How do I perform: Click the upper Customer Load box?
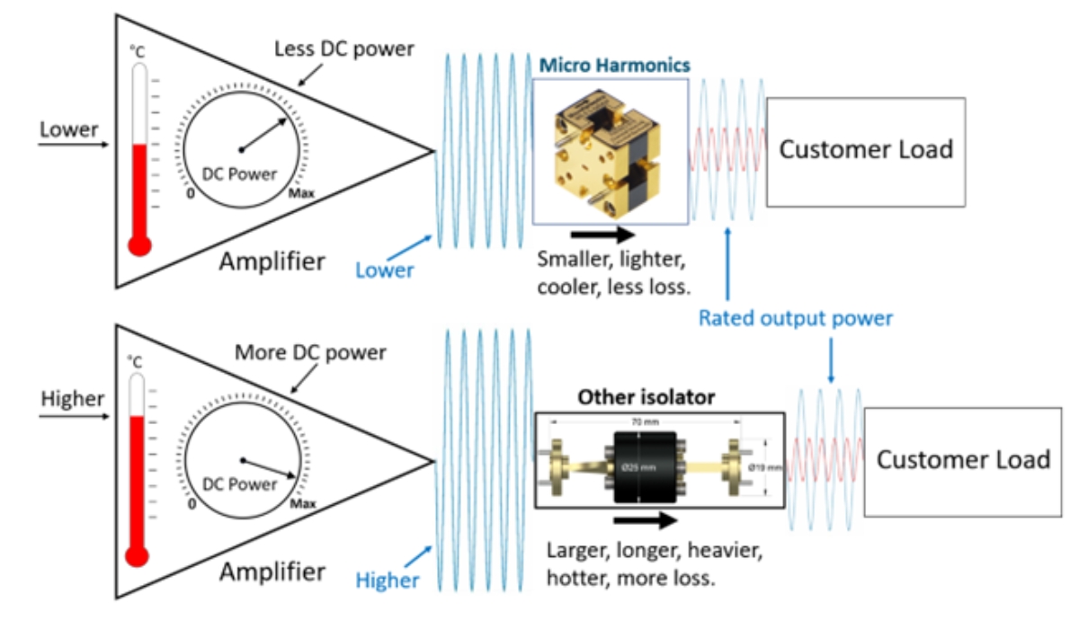click(865, 149)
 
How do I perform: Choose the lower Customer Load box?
click(963, 461)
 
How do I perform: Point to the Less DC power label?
click(344, 49)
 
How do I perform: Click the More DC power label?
click(310, 352)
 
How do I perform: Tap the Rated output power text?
click(796, 318)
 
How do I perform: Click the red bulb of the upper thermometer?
click(139, 244)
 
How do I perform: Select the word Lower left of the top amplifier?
click(69, 129)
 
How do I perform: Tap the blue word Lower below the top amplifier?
click(384, 270)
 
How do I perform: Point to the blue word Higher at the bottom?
click(388, 580)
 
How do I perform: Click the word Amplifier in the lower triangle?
click(272, 571)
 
